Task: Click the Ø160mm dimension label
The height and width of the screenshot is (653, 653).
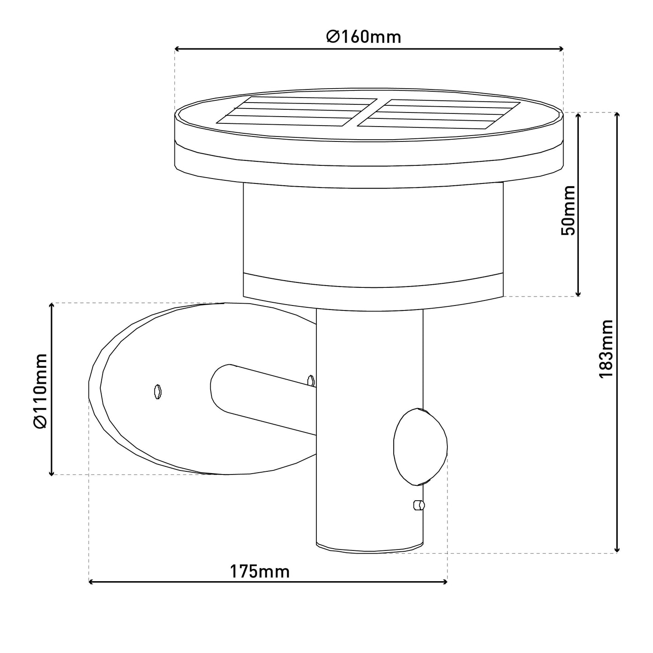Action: click(x=364, y=37)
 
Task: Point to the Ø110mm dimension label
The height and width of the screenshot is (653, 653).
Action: click(x=40, y=391)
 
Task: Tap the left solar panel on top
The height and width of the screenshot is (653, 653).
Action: click(x=297, y=111)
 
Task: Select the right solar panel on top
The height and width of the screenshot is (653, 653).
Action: click(x=438, y=114)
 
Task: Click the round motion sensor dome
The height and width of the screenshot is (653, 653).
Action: click(x=420, y=447)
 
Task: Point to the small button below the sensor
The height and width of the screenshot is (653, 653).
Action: click(x=419, y=515)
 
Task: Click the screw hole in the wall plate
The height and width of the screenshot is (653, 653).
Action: click(x=157, y=392)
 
